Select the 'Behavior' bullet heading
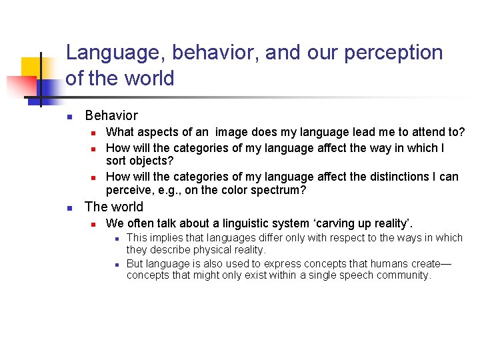pos(111,115)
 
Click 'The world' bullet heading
pos(114,207)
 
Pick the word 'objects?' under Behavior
pos(155,161)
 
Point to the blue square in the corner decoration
pos(48,88)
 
